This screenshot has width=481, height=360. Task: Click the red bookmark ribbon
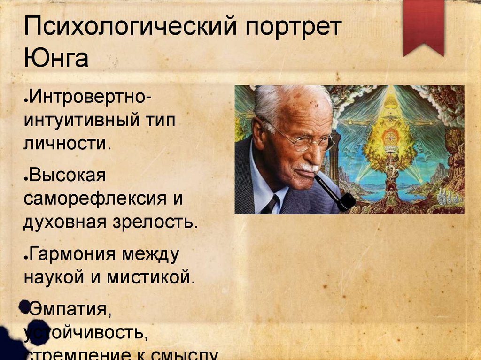423,26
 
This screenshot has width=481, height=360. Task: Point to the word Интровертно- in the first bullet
89,99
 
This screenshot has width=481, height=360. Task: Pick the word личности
68,143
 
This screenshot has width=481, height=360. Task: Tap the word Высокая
69,176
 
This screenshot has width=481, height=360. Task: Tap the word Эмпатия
70,309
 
